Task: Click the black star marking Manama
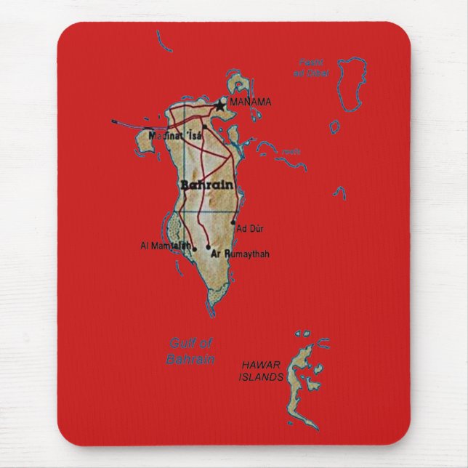coord(220,105)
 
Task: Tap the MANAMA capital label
coord(250,102)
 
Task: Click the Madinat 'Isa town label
coord(174,135)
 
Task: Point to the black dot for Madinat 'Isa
coord(205,128)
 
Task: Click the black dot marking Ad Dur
coord(234,222)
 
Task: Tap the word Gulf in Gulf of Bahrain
coord(181,344)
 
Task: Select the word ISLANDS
coord(259,378)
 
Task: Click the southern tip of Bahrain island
coord(215,302)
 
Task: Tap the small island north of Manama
coord(238,81)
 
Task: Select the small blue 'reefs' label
coord(291,152)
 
